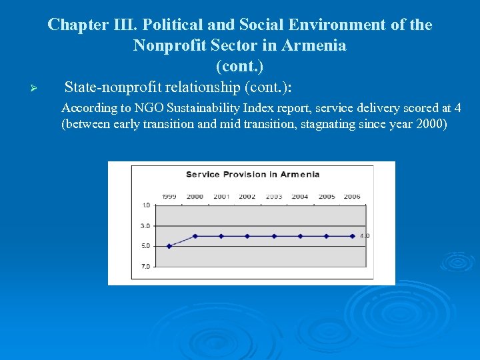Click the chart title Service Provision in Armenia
[x=252, y=175]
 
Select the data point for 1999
[x=169, y=246]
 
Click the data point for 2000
[x=195, y=236]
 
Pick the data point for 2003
[x=274, y=236]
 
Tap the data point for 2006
[x=352, y=236]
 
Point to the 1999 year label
[x=169, y=197]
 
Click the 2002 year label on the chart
[x=247, y=197]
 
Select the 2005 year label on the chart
[x=326, y=197]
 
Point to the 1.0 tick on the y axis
[x=145, y=205]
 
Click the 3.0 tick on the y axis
[x=145, y=226]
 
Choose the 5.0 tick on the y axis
[x=145, y=246]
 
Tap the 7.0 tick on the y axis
[x=145, y=267]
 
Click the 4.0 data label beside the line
[x=365, y=236]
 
